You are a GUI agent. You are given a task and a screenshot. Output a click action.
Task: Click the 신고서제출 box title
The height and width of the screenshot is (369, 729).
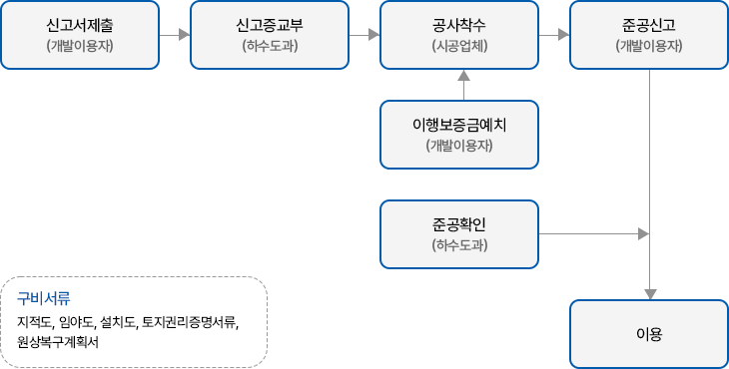point(80,26)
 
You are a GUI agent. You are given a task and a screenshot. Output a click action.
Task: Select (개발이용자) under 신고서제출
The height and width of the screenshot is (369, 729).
point(80,46)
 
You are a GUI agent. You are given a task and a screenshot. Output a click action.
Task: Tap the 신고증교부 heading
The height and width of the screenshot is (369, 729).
point(270,26)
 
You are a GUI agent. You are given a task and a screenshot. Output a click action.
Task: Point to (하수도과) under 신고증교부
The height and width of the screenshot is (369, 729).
point(270,46)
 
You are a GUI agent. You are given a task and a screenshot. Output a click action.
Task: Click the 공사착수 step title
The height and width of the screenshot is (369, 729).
point(459,26)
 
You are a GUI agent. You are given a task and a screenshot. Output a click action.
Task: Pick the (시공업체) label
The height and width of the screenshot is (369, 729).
point(459,46)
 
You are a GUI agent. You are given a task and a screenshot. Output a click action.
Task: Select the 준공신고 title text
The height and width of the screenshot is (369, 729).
point(649,26)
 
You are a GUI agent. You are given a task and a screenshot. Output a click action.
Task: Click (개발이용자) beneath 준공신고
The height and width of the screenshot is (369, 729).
point(649,46)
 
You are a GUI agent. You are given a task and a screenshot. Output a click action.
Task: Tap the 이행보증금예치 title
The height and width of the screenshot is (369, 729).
point(459,126)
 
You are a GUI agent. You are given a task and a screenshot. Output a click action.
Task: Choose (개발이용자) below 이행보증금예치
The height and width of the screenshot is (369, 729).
point(459,146)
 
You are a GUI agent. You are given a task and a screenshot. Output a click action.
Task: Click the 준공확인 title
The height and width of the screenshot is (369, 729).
point(459,224)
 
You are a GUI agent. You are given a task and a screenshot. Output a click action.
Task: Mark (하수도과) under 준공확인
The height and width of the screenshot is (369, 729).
point(459,244)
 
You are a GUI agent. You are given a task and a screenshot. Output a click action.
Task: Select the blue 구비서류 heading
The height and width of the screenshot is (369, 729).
point(44,298)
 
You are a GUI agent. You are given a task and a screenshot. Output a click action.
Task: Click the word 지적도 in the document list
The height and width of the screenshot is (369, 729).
point(35,321)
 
